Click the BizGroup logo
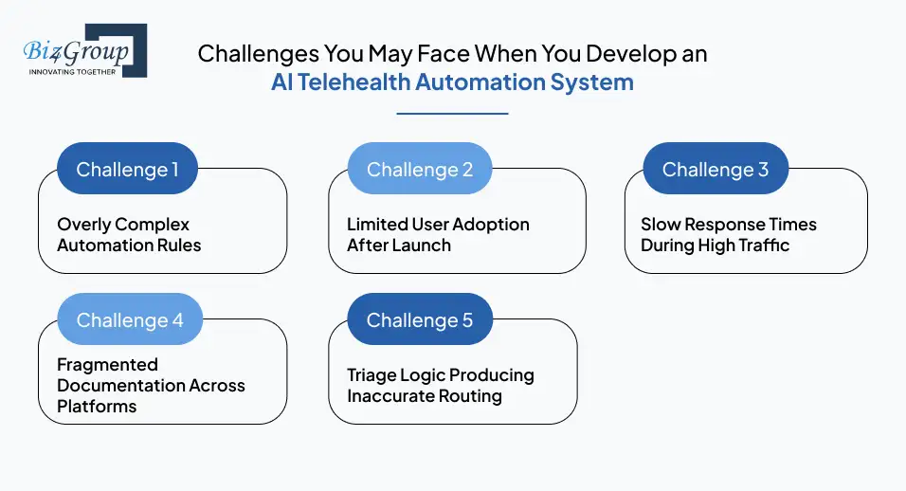[x=83, y=49]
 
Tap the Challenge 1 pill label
[x=127, y=170]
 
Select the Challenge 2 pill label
[x=420, y=170]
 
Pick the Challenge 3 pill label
[x=715, y=170]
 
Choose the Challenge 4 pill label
[x=130, y=320]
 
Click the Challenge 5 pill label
[x=420, y=320]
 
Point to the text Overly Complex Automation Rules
[x=129, y=235]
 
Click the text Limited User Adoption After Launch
[x=438, y=235]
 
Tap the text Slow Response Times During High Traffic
[x=728, y=235]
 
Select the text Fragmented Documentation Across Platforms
[x=151, y=385]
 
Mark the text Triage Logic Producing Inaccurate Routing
[x=440, y=385]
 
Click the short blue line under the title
[x=452, y=113]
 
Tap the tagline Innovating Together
[x=72, y=71]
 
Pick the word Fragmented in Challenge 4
[x=107, y=365]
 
